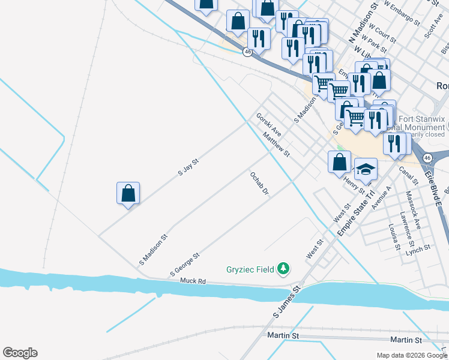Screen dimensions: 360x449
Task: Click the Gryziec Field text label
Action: (x=250, y=269)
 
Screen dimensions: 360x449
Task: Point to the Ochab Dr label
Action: (x=259, y=184)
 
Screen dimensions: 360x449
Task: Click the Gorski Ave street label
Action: (x=268, y=124)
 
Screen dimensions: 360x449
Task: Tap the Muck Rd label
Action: (x=193, y=280)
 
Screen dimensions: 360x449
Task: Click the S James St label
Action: (x=286, y=302)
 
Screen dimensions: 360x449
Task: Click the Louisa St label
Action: (x=394, y=236)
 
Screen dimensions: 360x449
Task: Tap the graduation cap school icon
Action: (x=366, y=170)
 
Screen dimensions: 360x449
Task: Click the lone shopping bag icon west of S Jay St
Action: (x=128, y=194)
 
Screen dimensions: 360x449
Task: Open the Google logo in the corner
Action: (x=20, y=353)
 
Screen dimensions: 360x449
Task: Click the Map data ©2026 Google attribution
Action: (x=412, y=355)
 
